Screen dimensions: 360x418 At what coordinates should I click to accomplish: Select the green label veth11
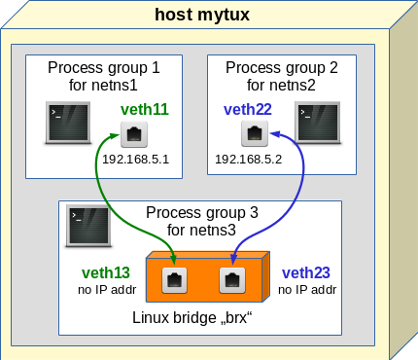point(144,110)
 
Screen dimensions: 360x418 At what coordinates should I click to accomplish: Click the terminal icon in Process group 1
point(69,123)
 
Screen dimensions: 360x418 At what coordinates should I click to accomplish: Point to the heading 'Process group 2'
point(281,67)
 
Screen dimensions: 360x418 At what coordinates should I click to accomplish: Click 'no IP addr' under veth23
point(305,290)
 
